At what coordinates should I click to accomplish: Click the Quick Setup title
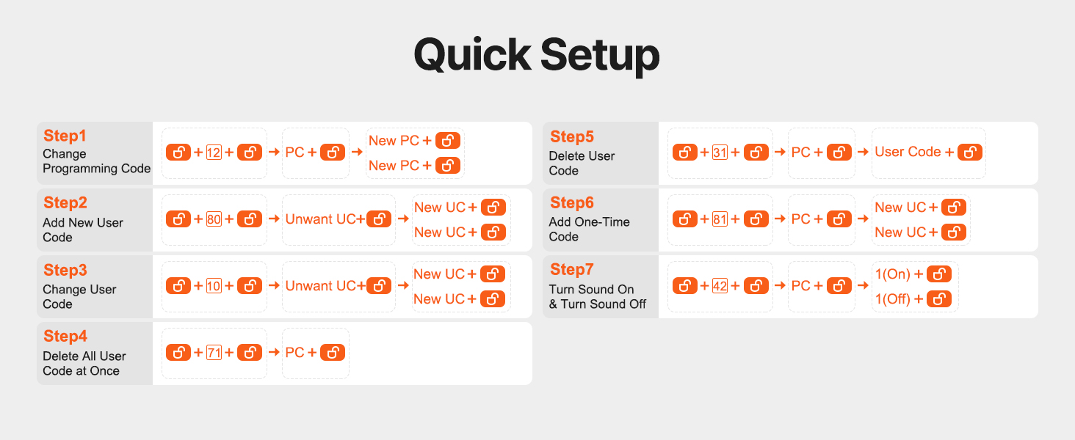tap(537, 55)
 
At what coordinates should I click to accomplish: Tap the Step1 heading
tap(65, 136)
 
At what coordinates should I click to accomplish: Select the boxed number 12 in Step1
tap(214, 153)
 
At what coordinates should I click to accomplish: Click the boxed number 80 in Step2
tap(214, 219)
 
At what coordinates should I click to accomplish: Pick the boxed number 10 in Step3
tap(214, 286)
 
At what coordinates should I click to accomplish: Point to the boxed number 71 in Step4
tap(214, 352)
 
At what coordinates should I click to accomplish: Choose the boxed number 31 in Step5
tap(720, 153)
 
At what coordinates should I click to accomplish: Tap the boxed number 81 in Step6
tap(720, 219)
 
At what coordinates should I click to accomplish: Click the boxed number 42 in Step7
tap(720, 286)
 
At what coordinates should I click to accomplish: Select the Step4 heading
tap(65, 336)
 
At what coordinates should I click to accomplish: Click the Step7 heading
tap(571, 269)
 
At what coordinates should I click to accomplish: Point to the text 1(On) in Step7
tap(893, 274)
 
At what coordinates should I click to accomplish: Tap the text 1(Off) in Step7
tap(893, 298)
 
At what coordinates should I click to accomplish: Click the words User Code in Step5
tap(908, 152)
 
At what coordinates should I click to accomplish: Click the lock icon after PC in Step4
tap(333, 352)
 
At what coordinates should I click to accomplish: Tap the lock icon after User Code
tap(970, 152)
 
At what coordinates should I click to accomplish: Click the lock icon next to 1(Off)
tap(939, 298)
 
